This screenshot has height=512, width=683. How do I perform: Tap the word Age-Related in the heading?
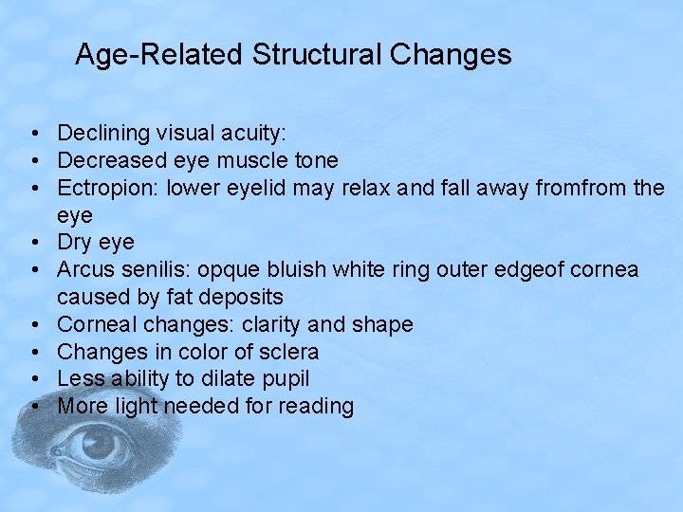click(x=158, y=55)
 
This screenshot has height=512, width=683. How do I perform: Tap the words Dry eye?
click(x=96, y=243)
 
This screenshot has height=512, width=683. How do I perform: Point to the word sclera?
click(x=286, y=352)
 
